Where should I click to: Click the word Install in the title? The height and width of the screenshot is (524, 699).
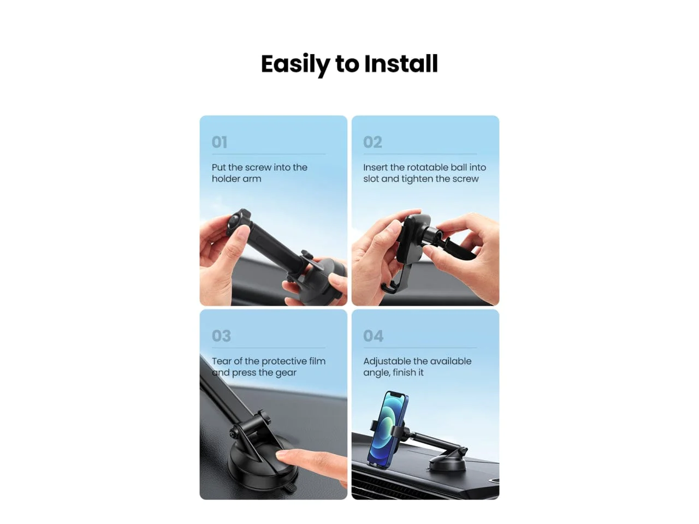point(401,64)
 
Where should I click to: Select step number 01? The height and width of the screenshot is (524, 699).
point(220,142)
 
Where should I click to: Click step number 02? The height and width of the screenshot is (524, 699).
point(372,142)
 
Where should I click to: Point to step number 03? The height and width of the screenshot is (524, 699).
point(221,336)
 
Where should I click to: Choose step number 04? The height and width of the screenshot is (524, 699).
point(373,336)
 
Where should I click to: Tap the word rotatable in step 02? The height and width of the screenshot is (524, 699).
point(428,168)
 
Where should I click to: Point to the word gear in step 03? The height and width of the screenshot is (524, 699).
point(286,373)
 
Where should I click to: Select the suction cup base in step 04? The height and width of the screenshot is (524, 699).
point(447,463)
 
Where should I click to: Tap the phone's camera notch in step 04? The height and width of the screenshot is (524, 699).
point(396,395)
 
